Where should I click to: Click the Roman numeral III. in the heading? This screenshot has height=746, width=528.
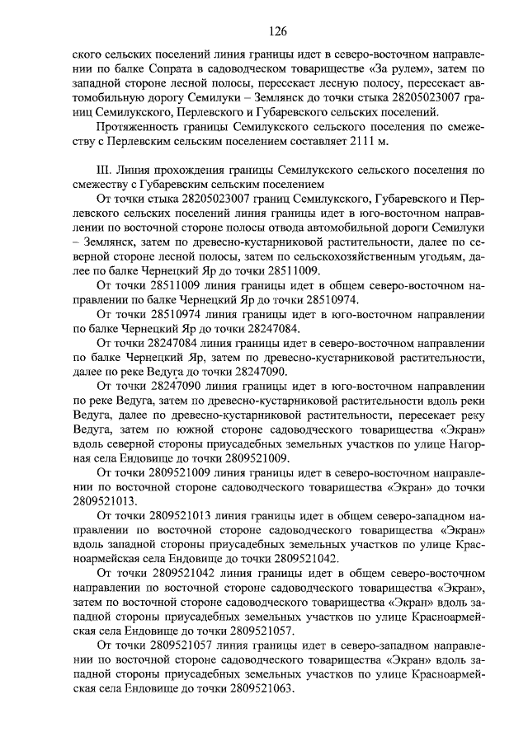point(106,168)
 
